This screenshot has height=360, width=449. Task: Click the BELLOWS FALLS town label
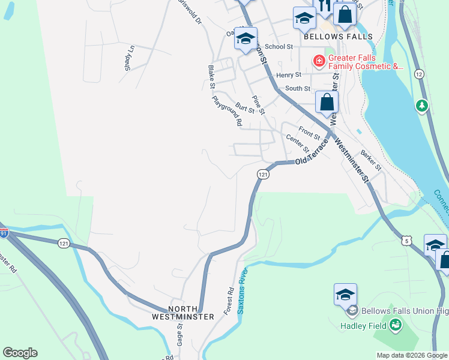[338, 37]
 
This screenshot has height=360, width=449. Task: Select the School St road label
[279, 46]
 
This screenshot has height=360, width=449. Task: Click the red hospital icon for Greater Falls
[318, 60]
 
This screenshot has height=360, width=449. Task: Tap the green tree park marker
[422, 106]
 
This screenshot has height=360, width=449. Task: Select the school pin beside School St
[246, 39]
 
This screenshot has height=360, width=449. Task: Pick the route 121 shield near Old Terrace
[263, 174]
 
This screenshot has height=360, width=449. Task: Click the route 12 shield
[419, 73]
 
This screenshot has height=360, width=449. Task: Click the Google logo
[20, 353]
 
